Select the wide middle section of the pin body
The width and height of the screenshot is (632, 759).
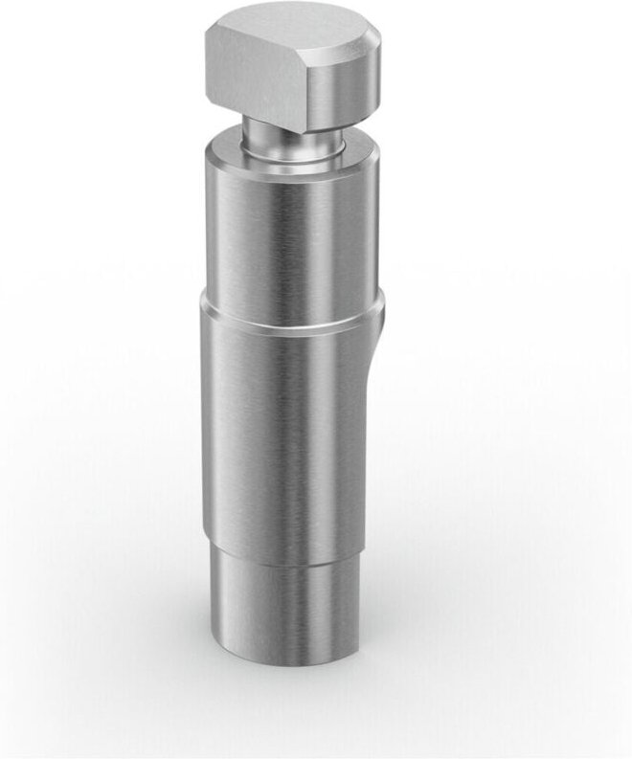tap(287, 431)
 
